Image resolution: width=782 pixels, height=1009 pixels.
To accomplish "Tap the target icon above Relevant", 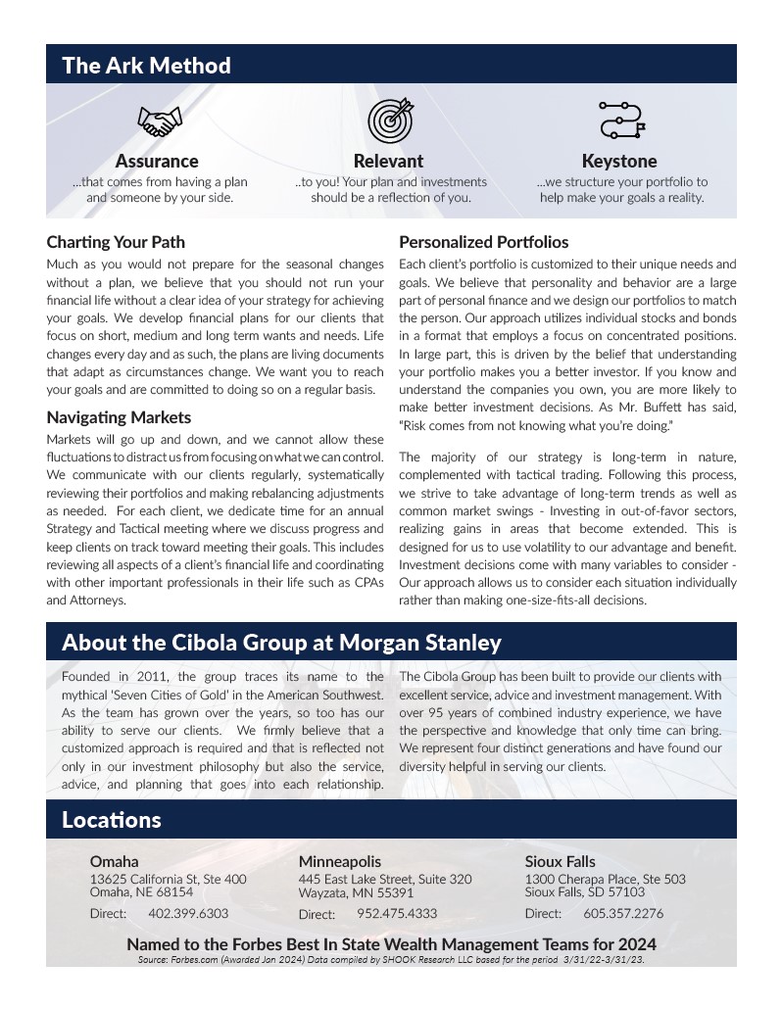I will point(389,120).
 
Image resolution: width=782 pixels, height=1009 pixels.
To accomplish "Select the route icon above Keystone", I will point(620,120).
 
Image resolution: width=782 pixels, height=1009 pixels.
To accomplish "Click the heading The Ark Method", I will point(146,66).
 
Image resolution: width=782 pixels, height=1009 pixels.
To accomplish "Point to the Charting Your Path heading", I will point(116,242).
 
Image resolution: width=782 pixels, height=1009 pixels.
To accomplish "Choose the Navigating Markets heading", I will point(119,417).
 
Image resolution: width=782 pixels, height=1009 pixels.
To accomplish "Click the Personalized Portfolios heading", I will point(483,242).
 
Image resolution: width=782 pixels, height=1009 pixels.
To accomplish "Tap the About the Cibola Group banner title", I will point(281,643).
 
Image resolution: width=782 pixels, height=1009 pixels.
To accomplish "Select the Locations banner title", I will point(111,820).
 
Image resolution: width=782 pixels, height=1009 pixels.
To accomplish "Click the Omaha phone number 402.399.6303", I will point(188,913).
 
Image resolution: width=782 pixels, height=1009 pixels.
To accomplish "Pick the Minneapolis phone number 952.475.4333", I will point(397,914).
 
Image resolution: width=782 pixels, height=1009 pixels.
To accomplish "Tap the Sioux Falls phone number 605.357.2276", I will point(623,913).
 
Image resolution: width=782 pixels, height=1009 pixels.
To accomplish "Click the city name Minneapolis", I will point(340,862).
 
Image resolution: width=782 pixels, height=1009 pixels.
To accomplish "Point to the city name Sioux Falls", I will point(560,862).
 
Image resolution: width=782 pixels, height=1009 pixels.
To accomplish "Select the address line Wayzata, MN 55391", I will point(356,892).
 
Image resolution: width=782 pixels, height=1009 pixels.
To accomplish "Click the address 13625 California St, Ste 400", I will point(168,880).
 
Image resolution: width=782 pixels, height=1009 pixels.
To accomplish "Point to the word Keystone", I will point(619,161).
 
